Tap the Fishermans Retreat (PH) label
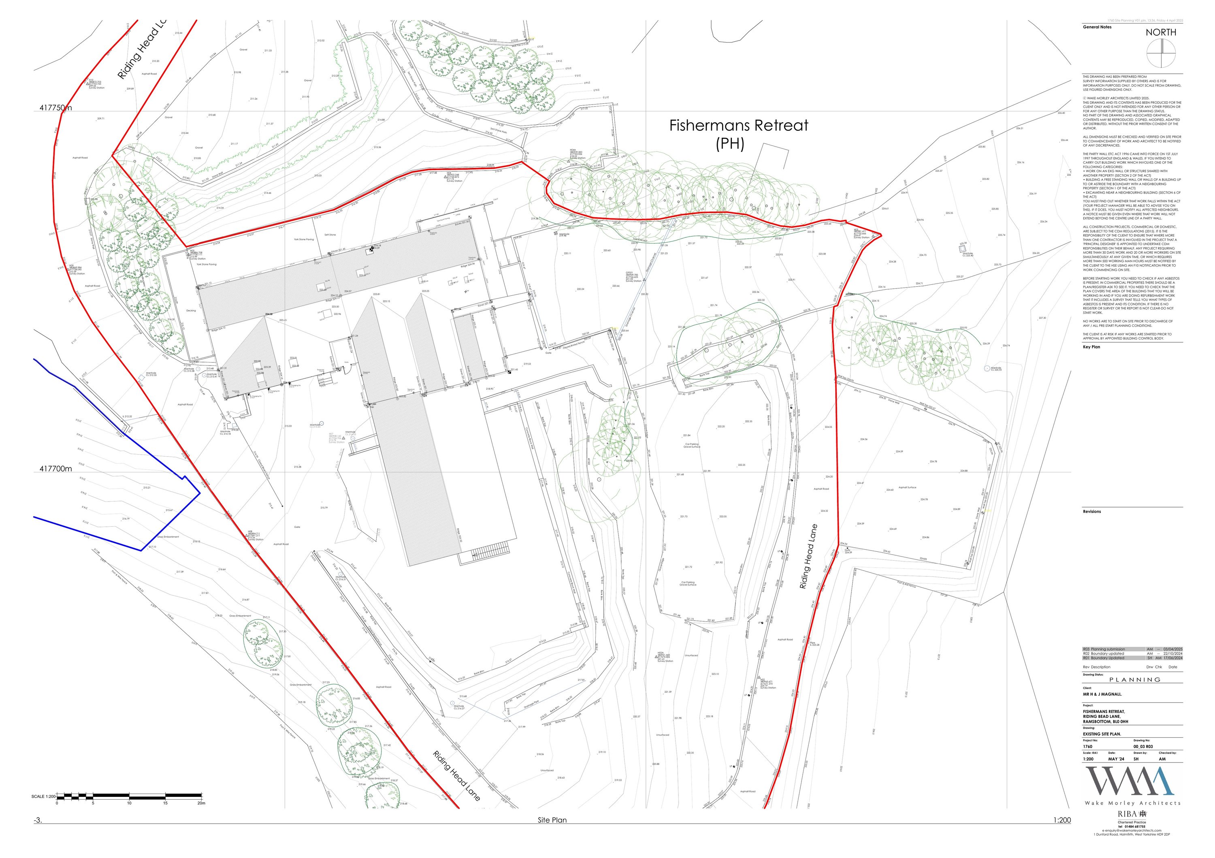pos(739,134)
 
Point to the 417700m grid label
pos(55,469)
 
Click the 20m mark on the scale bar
pos(201,803)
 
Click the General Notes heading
pos(1093,27)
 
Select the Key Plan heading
pos(1091,347)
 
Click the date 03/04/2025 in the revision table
pos(1172,649)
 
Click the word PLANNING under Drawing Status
pos(1134,680)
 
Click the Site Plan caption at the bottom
pos(552,820)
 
